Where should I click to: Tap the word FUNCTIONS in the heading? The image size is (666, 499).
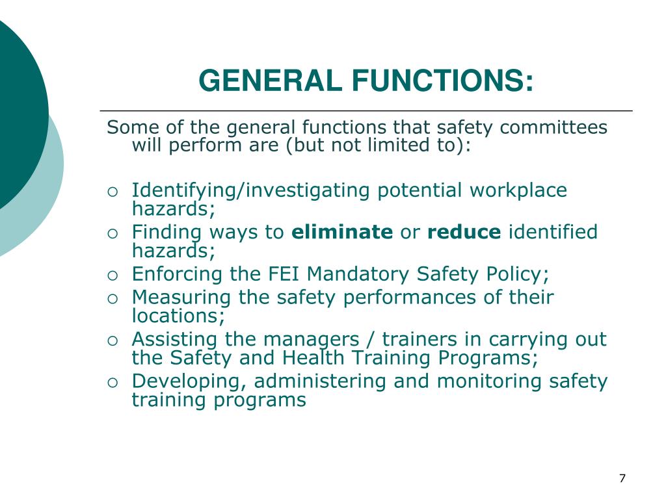pyautogui.click(x=443, y=81)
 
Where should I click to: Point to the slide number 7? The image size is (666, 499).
pyautogui.click(x=622, y=479)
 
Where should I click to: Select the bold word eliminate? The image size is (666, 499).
pyautogui.click(x=342, y=232)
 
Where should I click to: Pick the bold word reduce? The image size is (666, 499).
pyautogui.click(x=464, y=232)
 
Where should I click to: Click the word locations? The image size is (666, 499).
pyautogui.click(x=177, y=316)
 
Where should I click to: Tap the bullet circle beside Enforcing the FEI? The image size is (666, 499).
pyautogui.click(x=113, y=275)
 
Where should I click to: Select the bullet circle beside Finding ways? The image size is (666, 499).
pyautogui.click(x=113, y=233)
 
